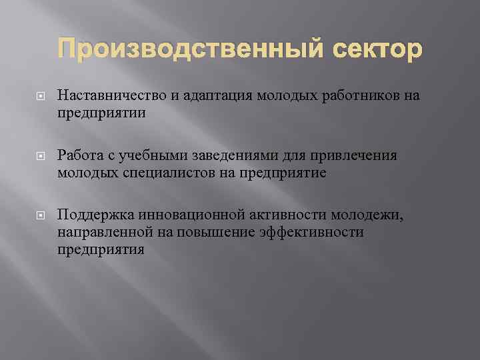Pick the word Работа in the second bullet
click(x=79, y=155)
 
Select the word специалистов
click(x=175, y=173)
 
